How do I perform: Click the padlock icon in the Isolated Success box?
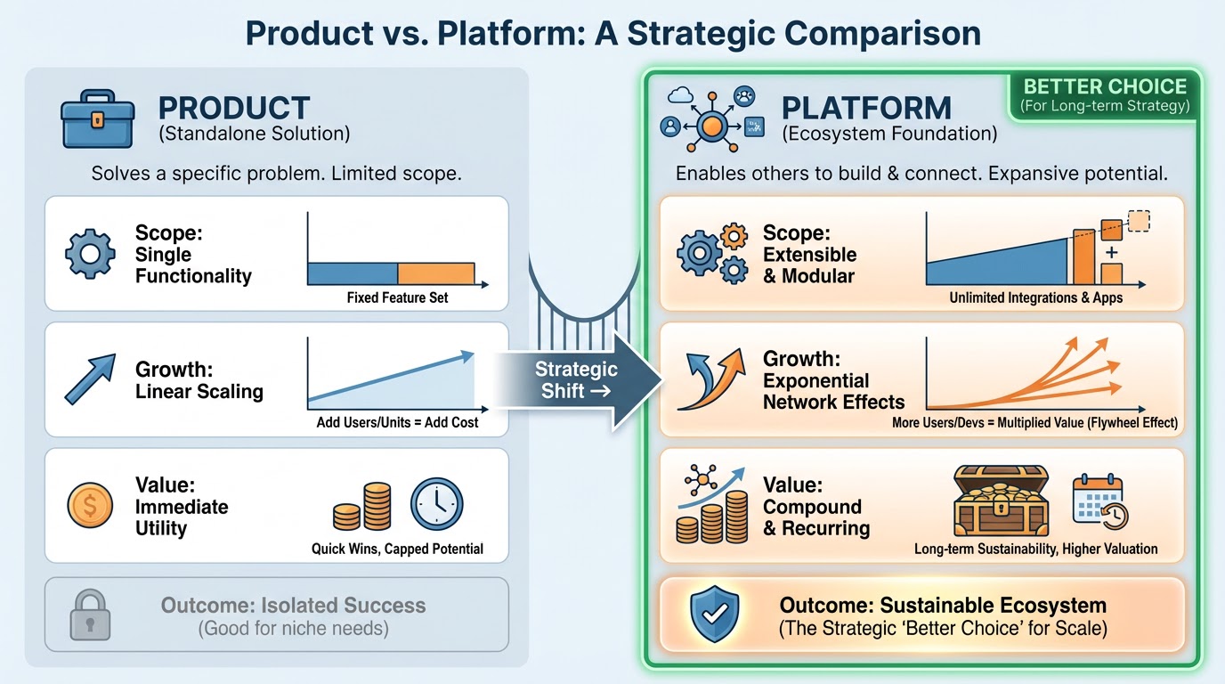click(x=90, y=615)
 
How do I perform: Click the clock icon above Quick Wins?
click(x=437, y=504)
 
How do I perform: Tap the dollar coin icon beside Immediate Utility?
click(x=90, y=506)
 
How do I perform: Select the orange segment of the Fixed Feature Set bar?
click(x=435, y=273)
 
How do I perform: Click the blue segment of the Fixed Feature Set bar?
click(x=353, y=273)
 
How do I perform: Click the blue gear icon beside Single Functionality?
click(x=90, y=253)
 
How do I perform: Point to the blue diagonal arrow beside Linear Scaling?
click(x=90, y=379)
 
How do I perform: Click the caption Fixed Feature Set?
click(x=397, y=297)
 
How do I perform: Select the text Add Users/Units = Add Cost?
click(x=397, y=422)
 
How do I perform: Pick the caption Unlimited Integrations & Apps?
click(x=1035, y=297)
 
